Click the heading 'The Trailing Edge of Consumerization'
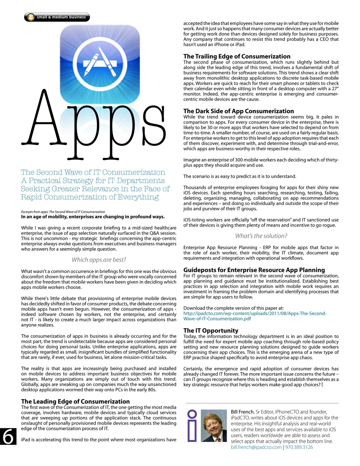pos(237,56)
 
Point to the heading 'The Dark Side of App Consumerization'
pos(238,111)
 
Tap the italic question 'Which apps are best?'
pos(99,260)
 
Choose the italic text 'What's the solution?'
pos(261,236)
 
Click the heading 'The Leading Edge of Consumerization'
pos(75,401)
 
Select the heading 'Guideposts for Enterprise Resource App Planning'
pos(254,270)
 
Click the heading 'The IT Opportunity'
pos(211,331)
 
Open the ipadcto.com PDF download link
pos(255,316)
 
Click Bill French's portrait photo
pos(214,426)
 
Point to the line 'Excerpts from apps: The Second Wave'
pos(63,212)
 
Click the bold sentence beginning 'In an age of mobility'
pos(93,217)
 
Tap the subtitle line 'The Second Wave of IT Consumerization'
pos(93,172)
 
